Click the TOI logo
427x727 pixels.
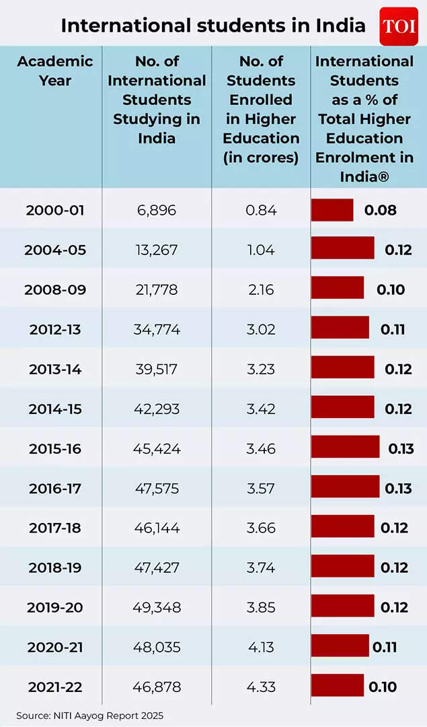[x=399, y=26]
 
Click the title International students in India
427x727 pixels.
[x=213, y=26]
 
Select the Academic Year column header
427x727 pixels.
[x=55, y=71]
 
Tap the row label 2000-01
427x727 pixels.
[x=55, y=210]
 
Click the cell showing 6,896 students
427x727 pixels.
[x=157, y=210]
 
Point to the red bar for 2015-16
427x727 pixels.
[x=345, y=447]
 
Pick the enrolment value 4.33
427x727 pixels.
[x=260, y=687]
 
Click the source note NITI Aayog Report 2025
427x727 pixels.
[x=89, y=716]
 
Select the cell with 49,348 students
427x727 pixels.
[x=157, y=607]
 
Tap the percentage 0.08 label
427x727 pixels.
[x=380, y=210]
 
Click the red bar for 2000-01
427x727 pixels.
[x=332, y=210]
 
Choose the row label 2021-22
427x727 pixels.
[x=55, y=687]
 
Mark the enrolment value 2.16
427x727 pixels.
[x=260, y=289]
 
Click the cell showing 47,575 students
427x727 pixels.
[x=157, y=488]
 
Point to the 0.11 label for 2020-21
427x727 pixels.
[x=384, y=647]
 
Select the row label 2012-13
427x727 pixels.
[x=55, y=329]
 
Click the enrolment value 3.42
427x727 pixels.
[x=260, y=409]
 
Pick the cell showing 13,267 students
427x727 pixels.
[x=157, y=250]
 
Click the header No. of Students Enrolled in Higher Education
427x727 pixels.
[x=261, y=109]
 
